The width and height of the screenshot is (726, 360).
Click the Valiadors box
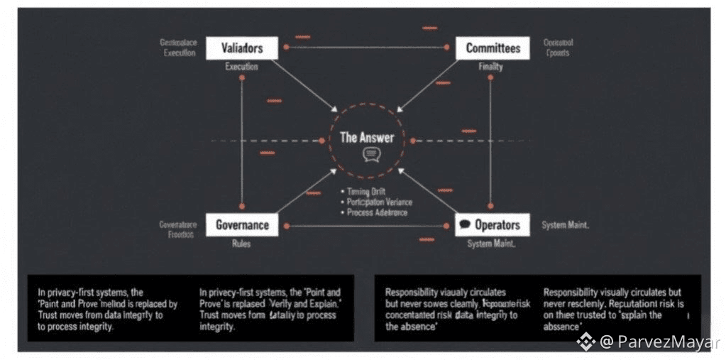(x=242, y=48)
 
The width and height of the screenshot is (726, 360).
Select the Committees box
(x=492, y=48)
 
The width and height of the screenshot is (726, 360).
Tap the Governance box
(x=242, y=225)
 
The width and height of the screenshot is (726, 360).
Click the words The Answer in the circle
(x=366, y=137)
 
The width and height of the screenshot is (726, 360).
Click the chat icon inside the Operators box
(x=465, y=225)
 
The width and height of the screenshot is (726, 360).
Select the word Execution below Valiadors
(x=241, y=67)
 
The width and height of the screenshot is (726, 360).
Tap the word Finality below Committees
(x=490, y=67)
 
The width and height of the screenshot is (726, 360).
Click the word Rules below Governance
(x=241, y=244)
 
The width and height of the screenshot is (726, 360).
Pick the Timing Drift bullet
(x=368, y=192)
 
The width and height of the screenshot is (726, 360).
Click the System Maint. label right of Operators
(x=566, y=225)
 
